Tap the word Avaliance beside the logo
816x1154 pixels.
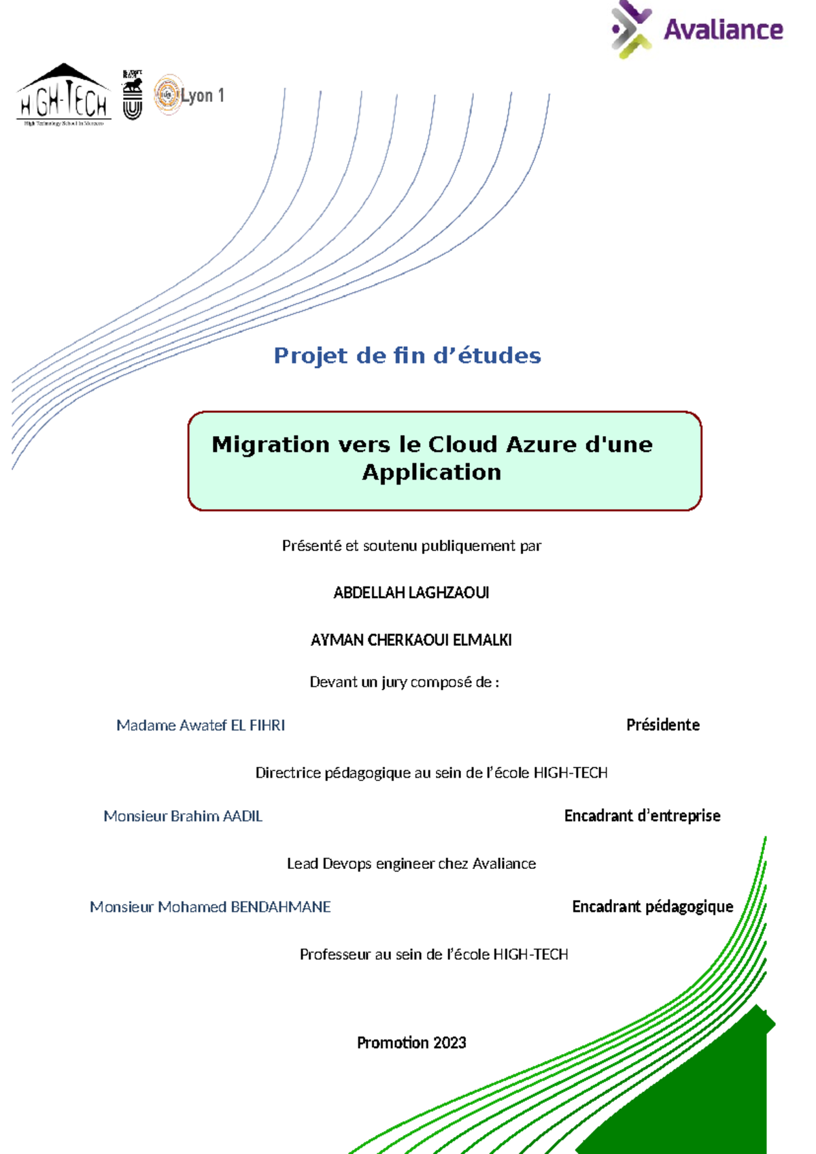(x=723, y=30)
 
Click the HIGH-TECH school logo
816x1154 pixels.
(x=63, y=96)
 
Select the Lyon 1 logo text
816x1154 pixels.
(x=202, y=96)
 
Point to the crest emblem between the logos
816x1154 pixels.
(x=133, y=95)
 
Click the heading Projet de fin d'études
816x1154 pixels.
(x=407, y=355)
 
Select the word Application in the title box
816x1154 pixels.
(x=431, y=472)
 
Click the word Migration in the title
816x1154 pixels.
(x=271, y=444)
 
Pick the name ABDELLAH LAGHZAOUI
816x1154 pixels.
(x=411, y=593)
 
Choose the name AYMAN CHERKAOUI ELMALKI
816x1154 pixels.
(x=411, y=640)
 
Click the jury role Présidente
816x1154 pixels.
(x=662, y=725)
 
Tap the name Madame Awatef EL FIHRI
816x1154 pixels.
(x=201, y=725)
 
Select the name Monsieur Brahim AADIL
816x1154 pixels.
(x=183, y=816)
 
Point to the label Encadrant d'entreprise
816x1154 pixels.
(x=642, y=815)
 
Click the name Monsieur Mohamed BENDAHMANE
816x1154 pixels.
(x=210, y=906)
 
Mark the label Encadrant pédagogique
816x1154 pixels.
(x=652, y=906)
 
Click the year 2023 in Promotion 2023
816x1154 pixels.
(x=449, y=1042)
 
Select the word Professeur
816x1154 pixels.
(x=335, y=954)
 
